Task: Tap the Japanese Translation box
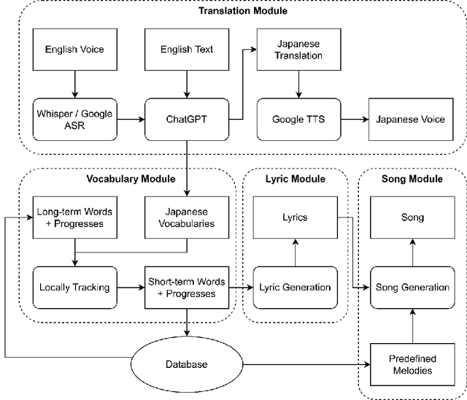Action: [298, 50]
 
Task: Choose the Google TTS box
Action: [298, 120]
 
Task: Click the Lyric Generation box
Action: [295, 287]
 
